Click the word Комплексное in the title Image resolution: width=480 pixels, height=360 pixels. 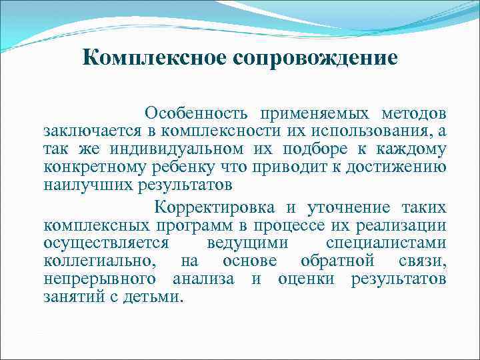pyautogui.click(x=155, y=59)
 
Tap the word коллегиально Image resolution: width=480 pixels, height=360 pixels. pyautogui.click(x=91, y=261)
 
